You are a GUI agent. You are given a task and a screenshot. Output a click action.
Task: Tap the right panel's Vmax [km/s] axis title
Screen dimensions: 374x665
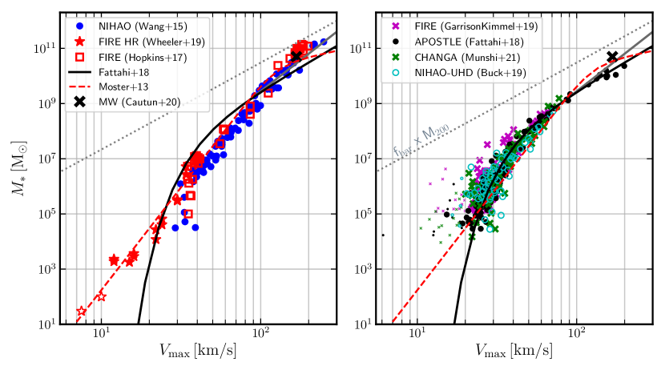click(x=514, y=350)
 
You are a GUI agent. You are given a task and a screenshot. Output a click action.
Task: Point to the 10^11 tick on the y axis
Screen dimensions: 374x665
click(x=44, y=48)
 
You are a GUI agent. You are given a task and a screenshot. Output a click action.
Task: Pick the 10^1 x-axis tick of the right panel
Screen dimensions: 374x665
click(x=416, y=336)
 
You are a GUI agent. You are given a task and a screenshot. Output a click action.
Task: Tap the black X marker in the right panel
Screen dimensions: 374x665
click(x=612, y=57)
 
